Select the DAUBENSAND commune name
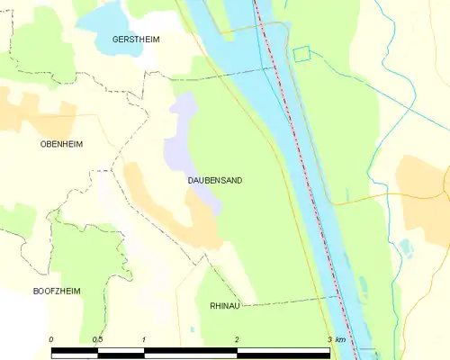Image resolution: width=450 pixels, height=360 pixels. (x=214, y=181)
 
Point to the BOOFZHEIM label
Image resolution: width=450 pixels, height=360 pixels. (x=58, y=292)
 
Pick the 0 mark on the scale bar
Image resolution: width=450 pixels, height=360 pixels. (x=51, y=339)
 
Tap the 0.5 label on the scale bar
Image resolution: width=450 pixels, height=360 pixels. (x=96, y=339)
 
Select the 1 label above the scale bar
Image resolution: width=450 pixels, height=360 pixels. (x=144, y=339)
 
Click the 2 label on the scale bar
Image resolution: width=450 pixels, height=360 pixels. (x=237, y=339)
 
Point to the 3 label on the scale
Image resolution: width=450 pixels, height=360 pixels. (x=328, y=339)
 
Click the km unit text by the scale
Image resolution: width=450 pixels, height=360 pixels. (x=340, y=339)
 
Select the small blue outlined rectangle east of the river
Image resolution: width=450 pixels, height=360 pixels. (x=301, y=54)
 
